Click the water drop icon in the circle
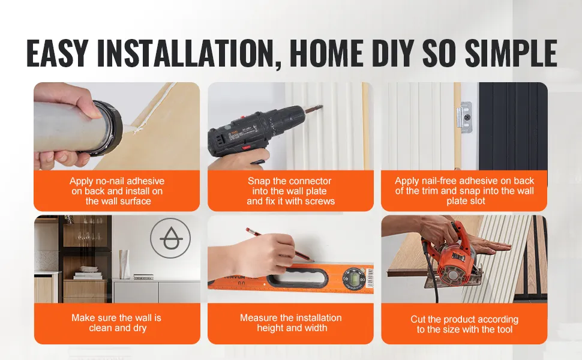pyautogui.click(x=170, y=238)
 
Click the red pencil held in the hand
pyautogui.click(x=280, y=245)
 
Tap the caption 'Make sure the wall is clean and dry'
pyautogui.click(x=116, y=323)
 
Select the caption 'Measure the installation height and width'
pyautogui.click(x=291, y=323)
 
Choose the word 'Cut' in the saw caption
pyautogui.click(x=418, y=319)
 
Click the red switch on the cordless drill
pyautogui.click(x=246, y=148)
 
